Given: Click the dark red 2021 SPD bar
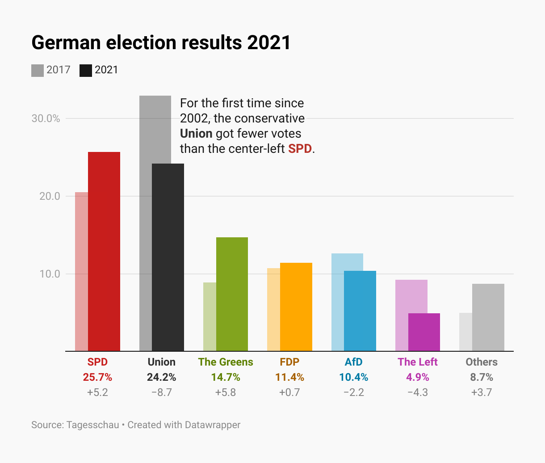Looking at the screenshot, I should point(104,251).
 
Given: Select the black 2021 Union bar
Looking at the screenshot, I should point(168,257).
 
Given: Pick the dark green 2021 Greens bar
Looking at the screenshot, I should point(232,294).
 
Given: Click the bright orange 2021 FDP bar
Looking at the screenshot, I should point(296,307).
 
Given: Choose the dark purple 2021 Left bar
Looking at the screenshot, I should point(424,332).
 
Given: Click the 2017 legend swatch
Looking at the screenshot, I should point(38,70).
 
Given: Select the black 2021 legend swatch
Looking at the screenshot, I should point(86,70).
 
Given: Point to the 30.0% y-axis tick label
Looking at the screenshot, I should point(46,118).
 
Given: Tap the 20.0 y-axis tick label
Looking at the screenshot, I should point(50,196).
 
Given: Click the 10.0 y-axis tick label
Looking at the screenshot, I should point(50,274).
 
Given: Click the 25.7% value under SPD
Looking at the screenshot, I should point(97,377).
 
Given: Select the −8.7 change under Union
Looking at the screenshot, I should point(161,392).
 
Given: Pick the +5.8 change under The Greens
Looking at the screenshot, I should point(226,392).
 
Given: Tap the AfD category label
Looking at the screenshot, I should point(353,362).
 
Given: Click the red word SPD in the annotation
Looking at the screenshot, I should point(300,148).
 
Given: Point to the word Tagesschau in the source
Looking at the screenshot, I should point(93,425).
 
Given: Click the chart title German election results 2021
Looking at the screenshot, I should point(161,42).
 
